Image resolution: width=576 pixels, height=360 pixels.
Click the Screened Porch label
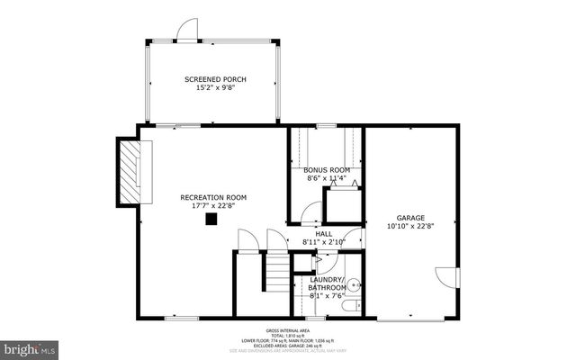pos(215,79)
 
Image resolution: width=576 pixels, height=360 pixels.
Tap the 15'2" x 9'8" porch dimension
pos(215,88)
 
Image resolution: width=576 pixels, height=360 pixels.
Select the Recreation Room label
pos(213,197)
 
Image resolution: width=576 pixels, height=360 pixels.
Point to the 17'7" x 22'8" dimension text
pos(213,206)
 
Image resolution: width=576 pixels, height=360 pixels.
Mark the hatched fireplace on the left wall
pos(132,171)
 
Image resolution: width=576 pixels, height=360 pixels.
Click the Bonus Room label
pos(326,169)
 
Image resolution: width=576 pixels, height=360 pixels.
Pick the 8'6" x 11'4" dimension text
pos(326,178)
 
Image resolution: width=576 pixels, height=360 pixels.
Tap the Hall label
pos(324,233)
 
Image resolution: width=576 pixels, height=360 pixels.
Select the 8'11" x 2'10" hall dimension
pos(324,242)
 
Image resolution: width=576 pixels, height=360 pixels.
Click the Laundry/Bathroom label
pos(326,283)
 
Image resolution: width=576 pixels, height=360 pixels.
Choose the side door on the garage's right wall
pos(445,278)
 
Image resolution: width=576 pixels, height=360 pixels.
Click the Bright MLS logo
pos(30,346)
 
